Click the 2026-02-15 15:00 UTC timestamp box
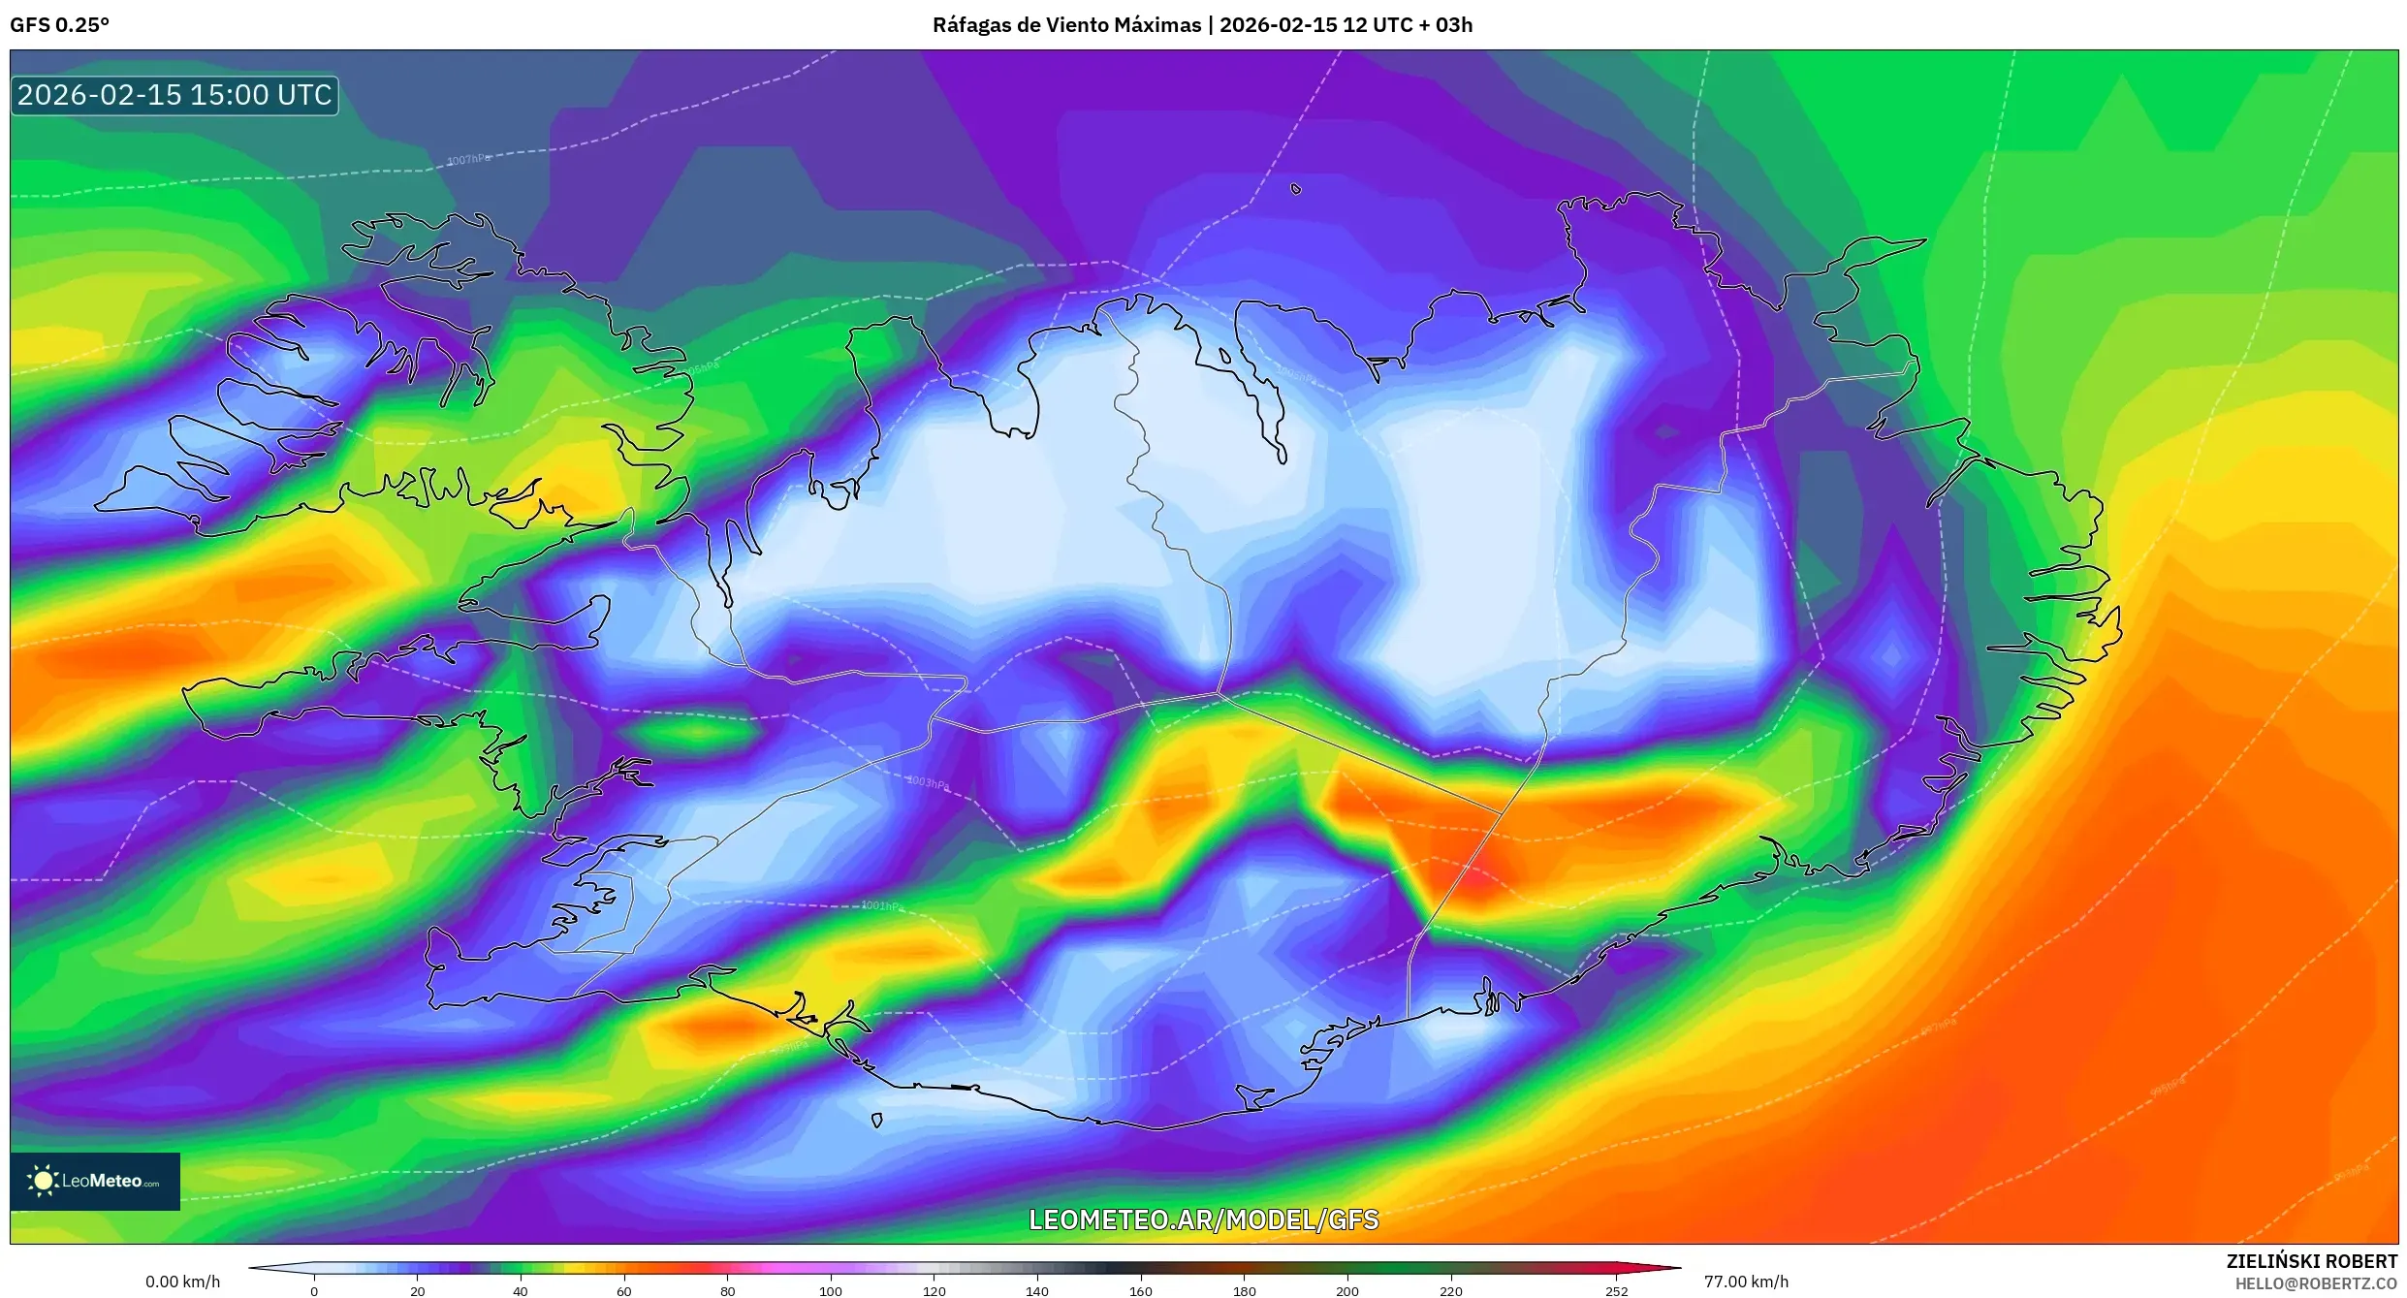(174, 95)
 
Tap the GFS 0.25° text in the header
(59, 25)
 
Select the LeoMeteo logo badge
(95, 1181)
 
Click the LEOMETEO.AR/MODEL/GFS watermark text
(1203, 1219)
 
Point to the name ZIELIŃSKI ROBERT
(2311, 1261)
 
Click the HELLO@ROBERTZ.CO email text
(2316, 1283)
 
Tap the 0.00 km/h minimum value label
(182, 1282)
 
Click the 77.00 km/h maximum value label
(1746, 1282)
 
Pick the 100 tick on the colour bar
(831, 1290)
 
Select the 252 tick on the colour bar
(1616, 1290)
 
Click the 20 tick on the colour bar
(417, 1290)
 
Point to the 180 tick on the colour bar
(1244, 1290)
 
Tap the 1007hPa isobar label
(468, 159)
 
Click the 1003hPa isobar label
(928, 782)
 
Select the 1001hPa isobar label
(882, 906)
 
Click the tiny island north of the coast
(1296, 189)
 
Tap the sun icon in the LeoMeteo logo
(43, 1181)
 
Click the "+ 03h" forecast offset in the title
(1445, 25)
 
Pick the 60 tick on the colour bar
(623, 1290)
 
